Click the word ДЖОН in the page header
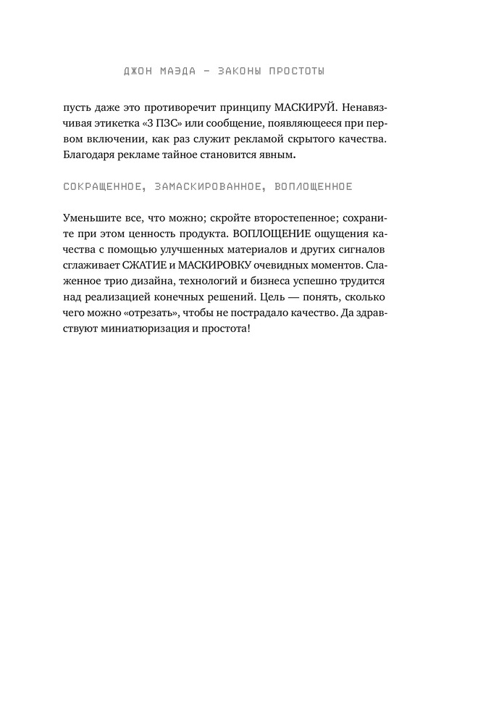coord(139,71)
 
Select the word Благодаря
coord(88,154)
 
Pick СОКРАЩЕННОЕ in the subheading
coord(98,186)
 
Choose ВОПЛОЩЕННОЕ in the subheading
coord(314,186)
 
